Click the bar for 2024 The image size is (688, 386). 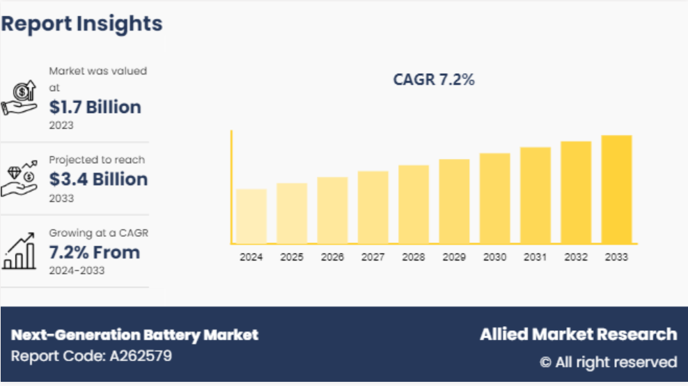point(251,216)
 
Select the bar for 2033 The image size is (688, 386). point(616,190)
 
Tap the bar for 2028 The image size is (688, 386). point(414,204)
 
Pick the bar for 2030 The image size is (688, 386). point(494,199)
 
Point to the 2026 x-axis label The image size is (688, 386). point(332,257)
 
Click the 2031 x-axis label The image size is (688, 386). point(535,257)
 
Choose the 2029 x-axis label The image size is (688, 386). point(454,257)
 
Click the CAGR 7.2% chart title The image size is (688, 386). point(434,80)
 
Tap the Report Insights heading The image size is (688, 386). point(81,24)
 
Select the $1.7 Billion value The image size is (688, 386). point(95,107)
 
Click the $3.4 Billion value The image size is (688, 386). point(98,180)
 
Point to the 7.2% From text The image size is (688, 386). point(94,252)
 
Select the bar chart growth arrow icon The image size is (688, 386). point(19,251)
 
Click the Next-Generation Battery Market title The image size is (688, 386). point(134,335)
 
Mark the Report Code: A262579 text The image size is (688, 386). point(91,356)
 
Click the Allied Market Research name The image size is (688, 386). point(578,334)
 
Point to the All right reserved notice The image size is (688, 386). point(608,362)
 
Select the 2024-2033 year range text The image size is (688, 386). point(77,270)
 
